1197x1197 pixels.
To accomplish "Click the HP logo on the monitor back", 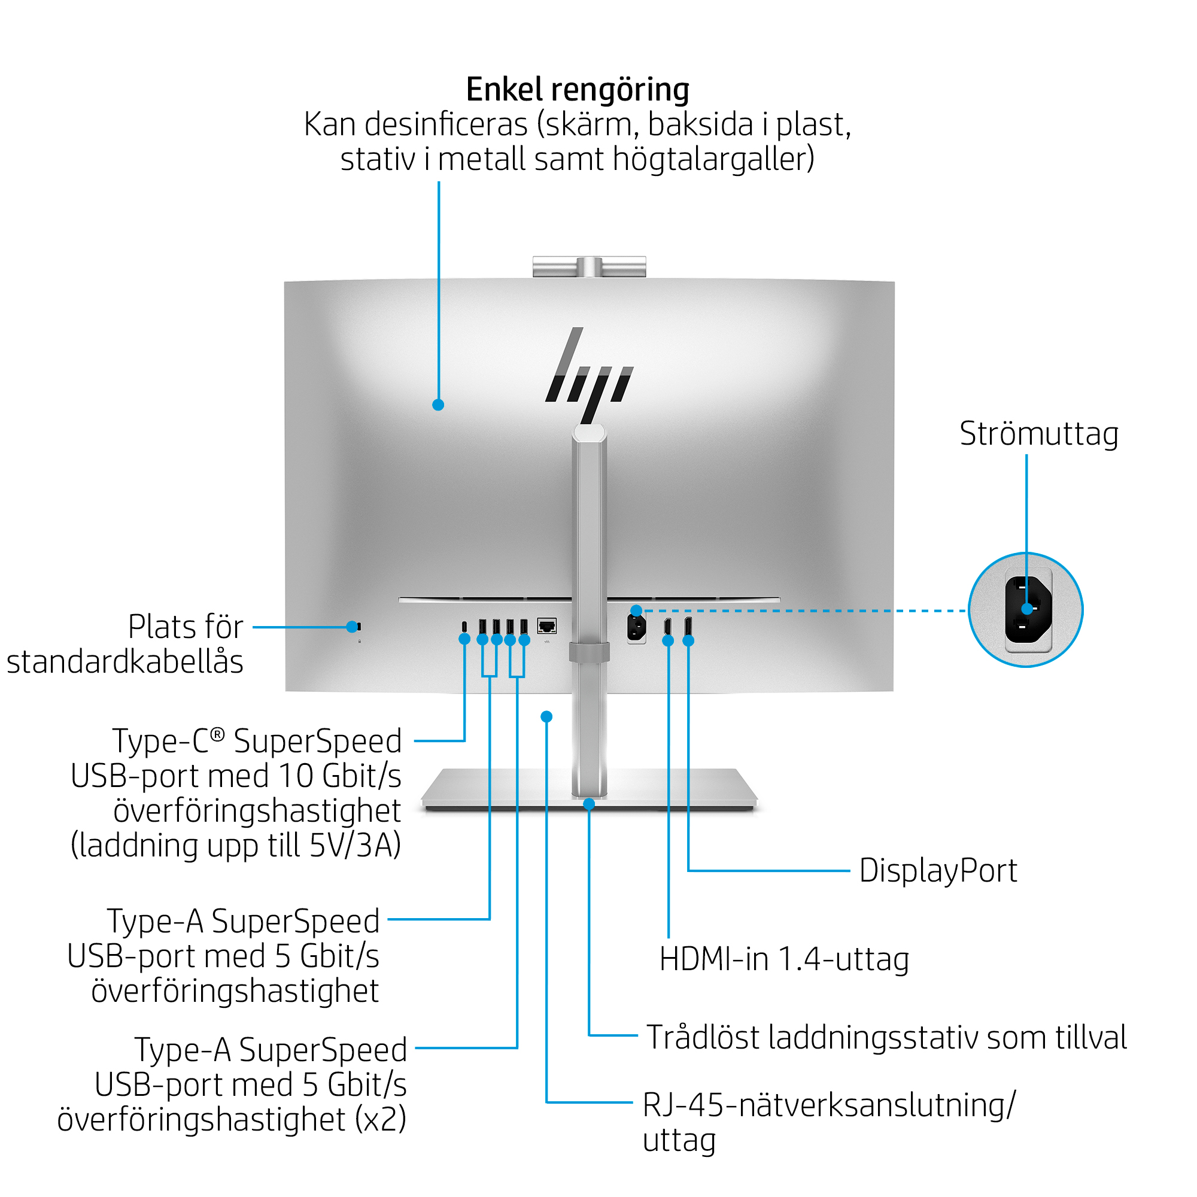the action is (x=588, y=375).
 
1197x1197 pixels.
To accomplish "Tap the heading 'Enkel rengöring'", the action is (x=578, y=89).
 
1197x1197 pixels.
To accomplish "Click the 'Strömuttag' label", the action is (x=1039, y=434).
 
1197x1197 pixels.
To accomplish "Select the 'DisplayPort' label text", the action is (x=938, y=870).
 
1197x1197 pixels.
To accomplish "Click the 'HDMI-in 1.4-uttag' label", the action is (x=784, y=958).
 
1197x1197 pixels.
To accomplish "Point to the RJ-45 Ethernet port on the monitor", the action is (x=546, y=626).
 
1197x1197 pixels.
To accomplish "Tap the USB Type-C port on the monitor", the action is (x=464, y=627).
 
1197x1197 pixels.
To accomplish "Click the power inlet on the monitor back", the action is (x=636, y=628).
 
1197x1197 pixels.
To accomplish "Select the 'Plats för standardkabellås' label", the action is (x=124, y=645).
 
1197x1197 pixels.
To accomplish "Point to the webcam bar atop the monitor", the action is (x=589, y=266).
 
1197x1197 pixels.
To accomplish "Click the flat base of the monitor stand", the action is (x=589, y=789).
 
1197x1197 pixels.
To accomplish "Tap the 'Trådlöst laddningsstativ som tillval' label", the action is (x=886, y=1037).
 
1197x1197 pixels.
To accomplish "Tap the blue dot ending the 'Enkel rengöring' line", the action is (x=438, y=405).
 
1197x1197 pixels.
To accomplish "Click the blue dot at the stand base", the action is (x=589, y=804).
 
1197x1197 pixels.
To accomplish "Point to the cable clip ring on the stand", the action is (x=589, y=652).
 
